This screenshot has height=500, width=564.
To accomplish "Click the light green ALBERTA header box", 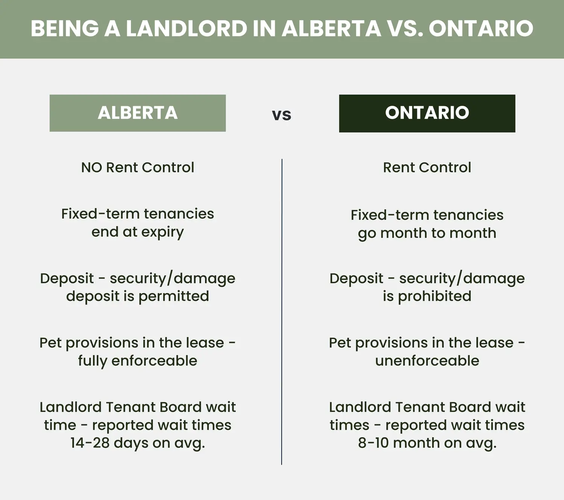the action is [x=138, y=113].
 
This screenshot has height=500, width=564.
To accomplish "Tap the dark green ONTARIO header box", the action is [x=427, y=113].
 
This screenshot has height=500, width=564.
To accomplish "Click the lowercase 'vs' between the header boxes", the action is [x=282, y=115].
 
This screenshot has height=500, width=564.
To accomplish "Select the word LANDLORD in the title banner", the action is [x=186, y=29].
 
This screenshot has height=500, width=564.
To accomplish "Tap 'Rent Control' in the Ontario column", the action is [x=427, y=168].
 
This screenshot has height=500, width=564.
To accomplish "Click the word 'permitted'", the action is [x=174, y=296].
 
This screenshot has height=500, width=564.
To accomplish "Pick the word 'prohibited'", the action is [x=435, y=296].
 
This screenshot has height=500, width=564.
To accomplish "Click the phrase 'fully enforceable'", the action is [x=138, y=361].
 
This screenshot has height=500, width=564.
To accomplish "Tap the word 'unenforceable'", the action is [x=427, y=361].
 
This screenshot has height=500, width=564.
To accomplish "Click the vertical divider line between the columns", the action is [x=282, y=312].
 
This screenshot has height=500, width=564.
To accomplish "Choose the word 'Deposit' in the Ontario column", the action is [x=356, y=279].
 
